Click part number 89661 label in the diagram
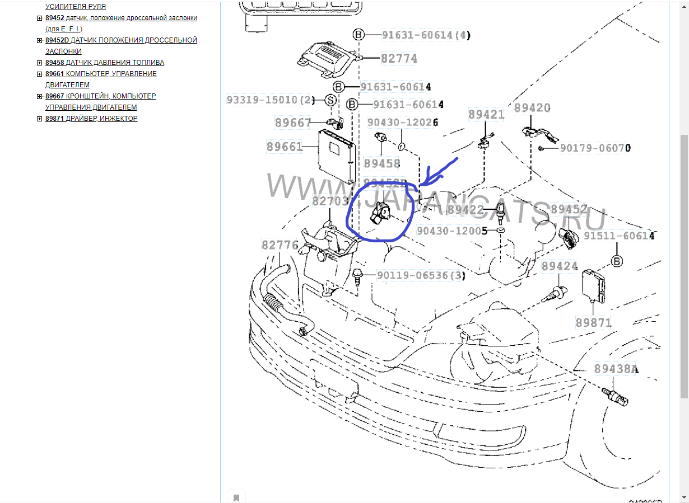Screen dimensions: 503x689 285,147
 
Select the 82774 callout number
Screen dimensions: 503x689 399,58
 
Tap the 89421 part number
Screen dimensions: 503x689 486,115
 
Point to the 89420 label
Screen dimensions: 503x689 532,108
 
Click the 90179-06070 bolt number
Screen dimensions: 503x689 595,148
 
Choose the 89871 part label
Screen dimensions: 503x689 594,323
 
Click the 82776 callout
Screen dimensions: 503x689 280,245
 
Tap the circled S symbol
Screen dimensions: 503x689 330,101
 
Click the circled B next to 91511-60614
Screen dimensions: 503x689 617,261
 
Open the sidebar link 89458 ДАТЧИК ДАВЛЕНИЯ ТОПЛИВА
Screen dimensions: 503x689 105,63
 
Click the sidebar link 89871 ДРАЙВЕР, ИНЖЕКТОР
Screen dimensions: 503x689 91,119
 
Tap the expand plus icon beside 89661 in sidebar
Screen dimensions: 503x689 40,74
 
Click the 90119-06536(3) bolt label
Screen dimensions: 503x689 421,275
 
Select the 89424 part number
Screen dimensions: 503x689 559,266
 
